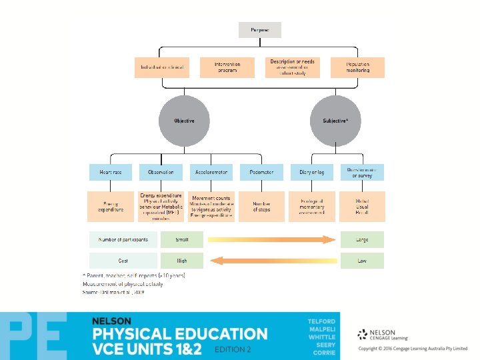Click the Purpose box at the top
[260, 30]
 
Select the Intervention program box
[227, 67]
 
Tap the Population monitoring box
[357, 67]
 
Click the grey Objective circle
[184, 121]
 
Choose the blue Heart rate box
[111, 172]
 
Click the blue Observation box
[161, 172]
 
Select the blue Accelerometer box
[211, 172]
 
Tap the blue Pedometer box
[261, 172]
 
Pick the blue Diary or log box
[311, 172]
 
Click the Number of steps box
[261, 207]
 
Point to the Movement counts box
[211, 207]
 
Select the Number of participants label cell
[123, 239]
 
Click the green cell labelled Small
[182, 239]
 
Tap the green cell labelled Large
[362, 239]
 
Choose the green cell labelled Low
[362, 261]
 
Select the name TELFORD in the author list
[321, 321]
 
